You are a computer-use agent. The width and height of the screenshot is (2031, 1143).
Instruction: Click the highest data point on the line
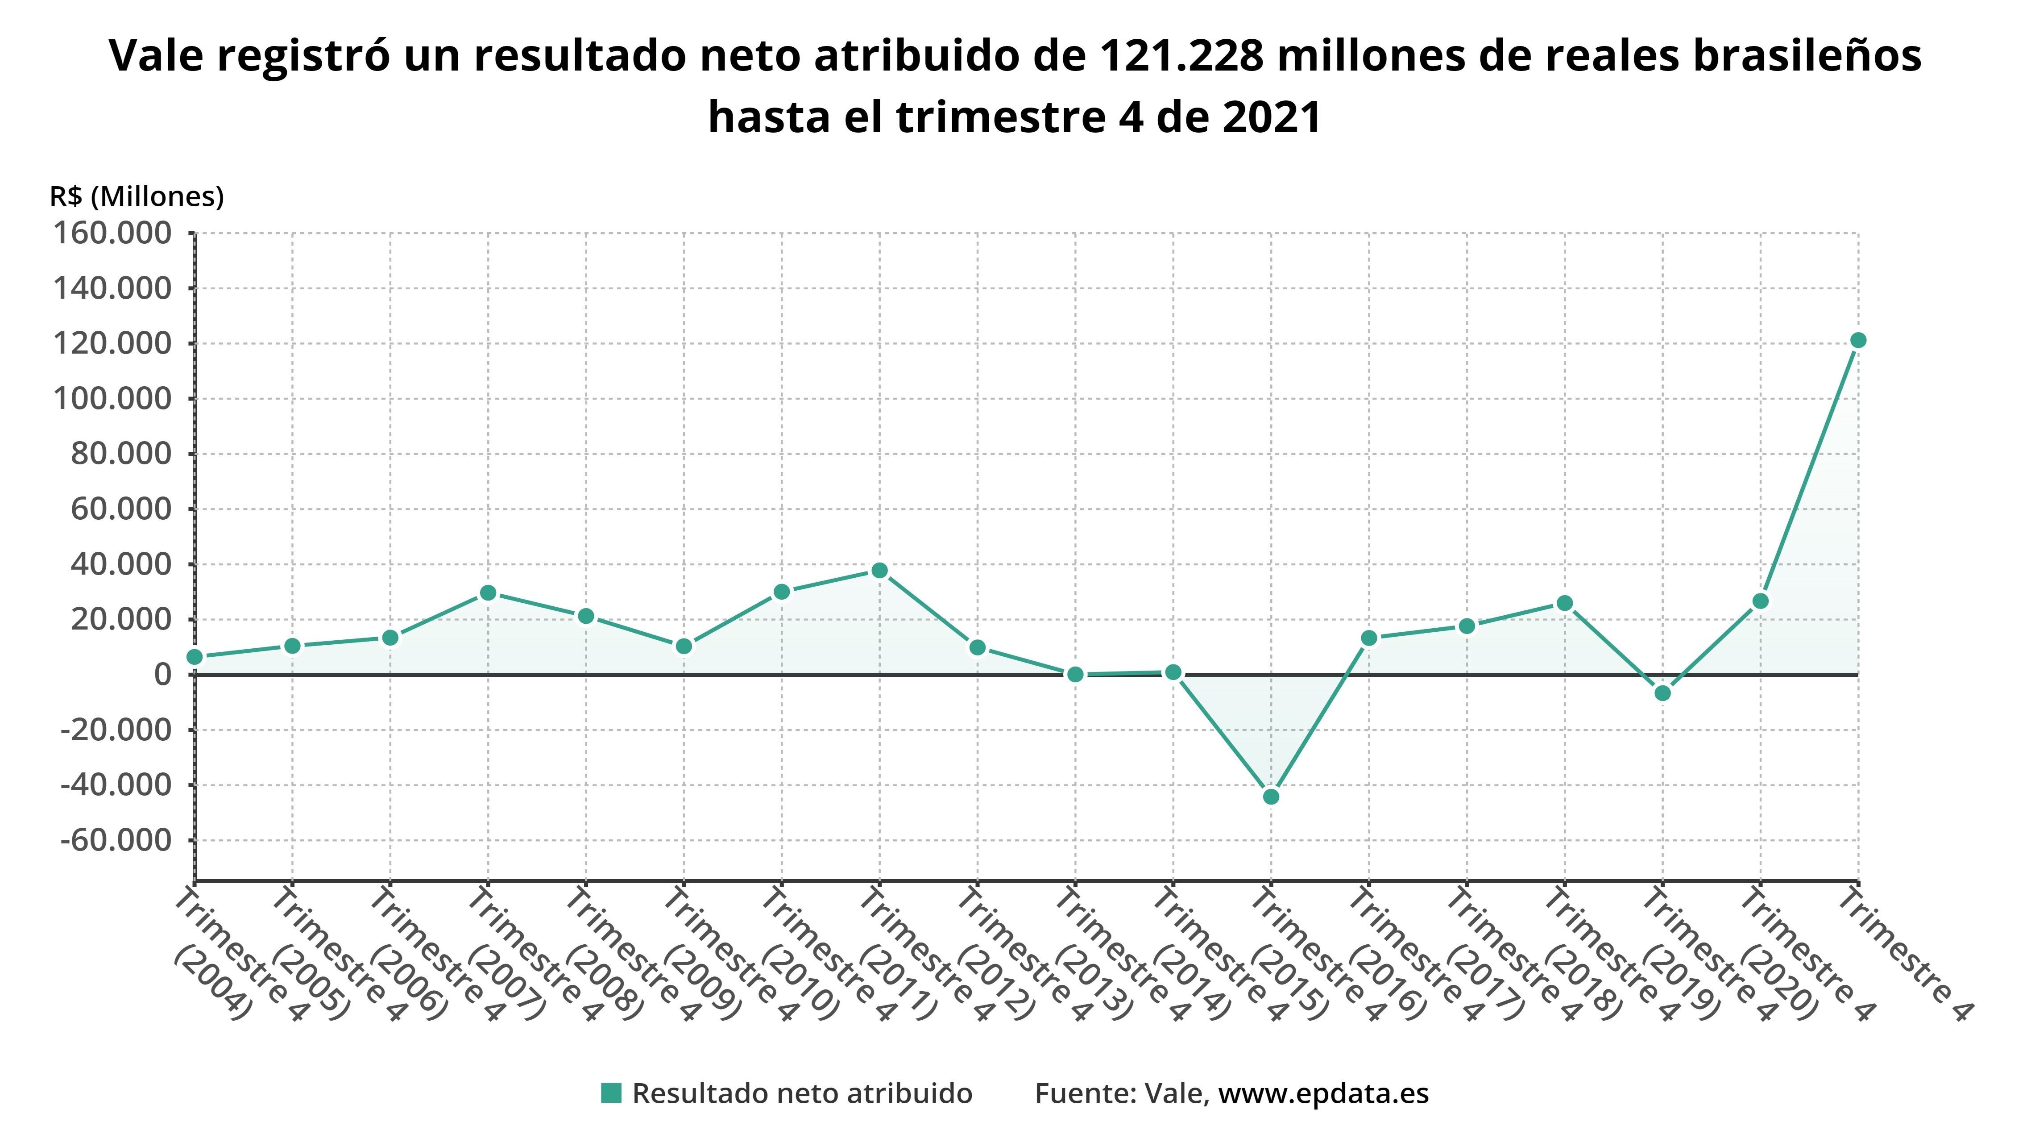click(x=1857, y=340)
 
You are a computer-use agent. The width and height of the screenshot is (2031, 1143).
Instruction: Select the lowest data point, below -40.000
click(x=1271, y=797)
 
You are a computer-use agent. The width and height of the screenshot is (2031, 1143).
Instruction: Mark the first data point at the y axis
click(x=195, y=657)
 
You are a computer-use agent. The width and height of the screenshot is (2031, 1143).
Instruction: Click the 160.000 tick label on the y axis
click(x=112, y=234)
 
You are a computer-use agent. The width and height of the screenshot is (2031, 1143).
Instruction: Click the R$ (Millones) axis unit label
click(x=137, y=196)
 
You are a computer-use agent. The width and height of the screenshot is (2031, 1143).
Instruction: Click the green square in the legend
click(x=611, y=1093)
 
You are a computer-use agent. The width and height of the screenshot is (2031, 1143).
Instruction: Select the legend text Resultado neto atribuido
click(x=802, y=1093)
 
